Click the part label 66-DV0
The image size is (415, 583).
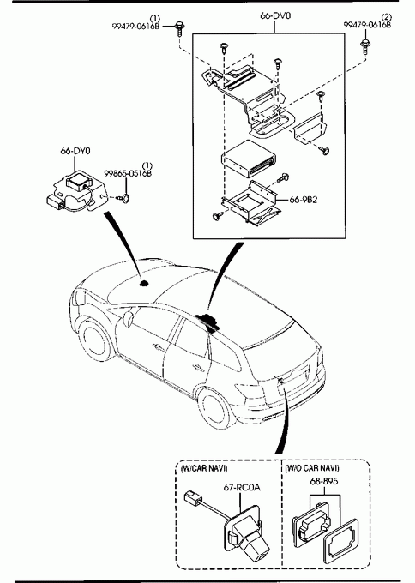(x=275, y=15)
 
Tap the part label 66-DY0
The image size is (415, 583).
(x=75, y=151)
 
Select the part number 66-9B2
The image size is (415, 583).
(x=304, y=200)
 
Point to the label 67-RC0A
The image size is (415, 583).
(x=242, y=487)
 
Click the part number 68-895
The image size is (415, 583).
(x=324, y=481)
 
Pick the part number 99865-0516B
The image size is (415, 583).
(x=128, y=174)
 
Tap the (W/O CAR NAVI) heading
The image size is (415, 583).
(x=312, y=468)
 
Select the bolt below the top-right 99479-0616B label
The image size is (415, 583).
(x=365, y=46)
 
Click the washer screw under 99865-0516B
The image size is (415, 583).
(x=123, y=198)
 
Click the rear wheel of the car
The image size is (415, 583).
(x=217, y=409)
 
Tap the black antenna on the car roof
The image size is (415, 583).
(x=144, y=284)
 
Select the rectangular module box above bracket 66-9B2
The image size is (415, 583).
(x=250, y=159)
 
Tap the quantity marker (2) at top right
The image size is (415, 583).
(x=387, y=17)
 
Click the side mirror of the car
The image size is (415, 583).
(x=128, y=319)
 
